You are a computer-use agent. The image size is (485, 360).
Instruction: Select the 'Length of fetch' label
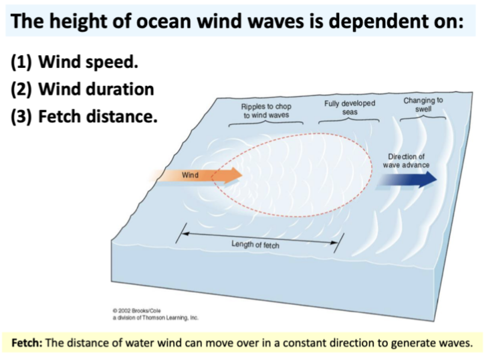255,245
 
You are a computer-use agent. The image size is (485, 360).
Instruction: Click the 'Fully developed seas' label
349,108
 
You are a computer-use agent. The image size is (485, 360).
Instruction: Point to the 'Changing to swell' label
423,104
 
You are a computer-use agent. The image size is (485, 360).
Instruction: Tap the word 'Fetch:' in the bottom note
28,343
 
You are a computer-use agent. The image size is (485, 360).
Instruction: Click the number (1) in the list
22,63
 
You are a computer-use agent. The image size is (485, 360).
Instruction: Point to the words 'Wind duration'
96,89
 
